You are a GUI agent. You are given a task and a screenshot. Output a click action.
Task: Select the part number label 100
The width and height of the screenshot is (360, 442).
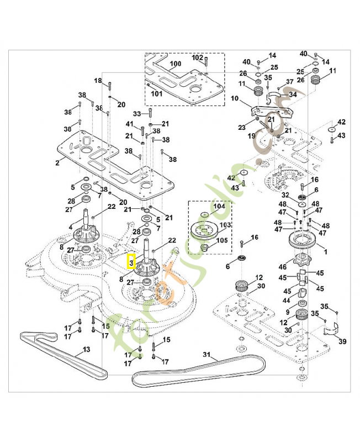[x=175, y=64]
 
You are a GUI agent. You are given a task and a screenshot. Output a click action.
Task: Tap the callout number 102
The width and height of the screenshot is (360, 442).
[x=197, y=57]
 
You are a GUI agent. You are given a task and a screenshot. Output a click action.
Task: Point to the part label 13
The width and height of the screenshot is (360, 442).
[x=86, y=349]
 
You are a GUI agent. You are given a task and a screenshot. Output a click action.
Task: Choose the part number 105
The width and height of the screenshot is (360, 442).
[x=222, y=240]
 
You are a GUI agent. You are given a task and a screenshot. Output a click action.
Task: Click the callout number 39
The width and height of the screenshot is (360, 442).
[x=342, y=341]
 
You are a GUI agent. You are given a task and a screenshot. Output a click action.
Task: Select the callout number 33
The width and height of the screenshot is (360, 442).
[x=137, y=114]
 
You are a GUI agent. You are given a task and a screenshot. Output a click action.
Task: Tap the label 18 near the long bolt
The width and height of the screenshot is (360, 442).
[x=98, y=81]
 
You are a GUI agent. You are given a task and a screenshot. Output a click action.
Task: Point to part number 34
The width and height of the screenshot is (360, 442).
[x=293, y=94]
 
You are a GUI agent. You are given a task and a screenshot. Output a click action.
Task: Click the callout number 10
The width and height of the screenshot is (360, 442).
[x=235, y=98]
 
